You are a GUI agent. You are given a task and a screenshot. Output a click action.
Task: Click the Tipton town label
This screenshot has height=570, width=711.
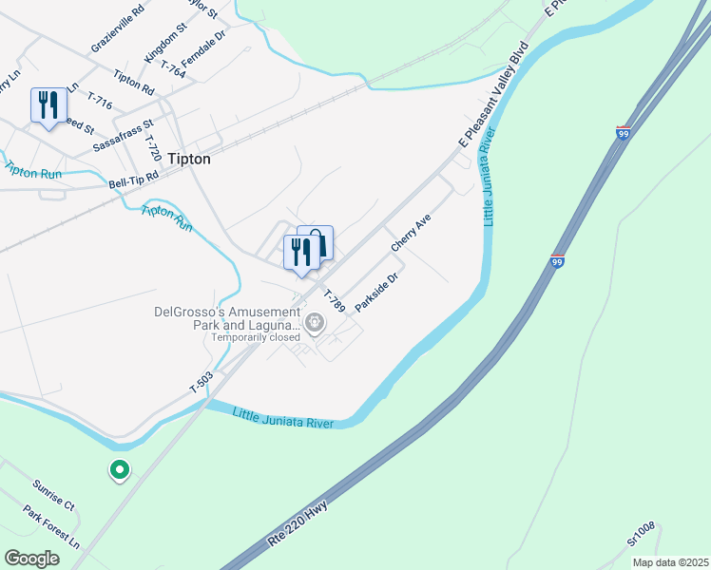[x=188, y=160]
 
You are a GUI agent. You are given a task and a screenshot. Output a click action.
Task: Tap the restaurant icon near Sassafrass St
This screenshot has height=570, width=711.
[x=48, y=104]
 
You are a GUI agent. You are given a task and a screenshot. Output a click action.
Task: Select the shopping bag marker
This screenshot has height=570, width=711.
[x=317, y=242]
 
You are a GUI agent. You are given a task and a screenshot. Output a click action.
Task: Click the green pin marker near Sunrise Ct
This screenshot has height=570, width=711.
[x=120, y=470]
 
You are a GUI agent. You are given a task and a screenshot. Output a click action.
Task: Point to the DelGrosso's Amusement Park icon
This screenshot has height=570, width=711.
[x=315, y=324]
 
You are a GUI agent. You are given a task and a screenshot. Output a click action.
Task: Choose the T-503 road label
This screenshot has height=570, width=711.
[x=202, y=384]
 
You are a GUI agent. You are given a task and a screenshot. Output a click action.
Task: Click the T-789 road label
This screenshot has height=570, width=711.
[x=333, y=301]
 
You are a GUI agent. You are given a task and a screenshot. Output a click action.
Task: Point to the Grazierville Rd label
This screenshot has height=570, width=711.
[x=117, y=28]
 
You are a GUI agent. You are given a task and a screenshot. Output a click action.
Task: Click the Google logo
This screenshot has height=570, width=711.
[x=31, y=559]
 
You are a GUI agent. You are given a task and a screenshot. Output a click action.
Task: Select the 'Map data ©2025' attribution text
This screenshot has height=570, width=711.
[x=669, y=562]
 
